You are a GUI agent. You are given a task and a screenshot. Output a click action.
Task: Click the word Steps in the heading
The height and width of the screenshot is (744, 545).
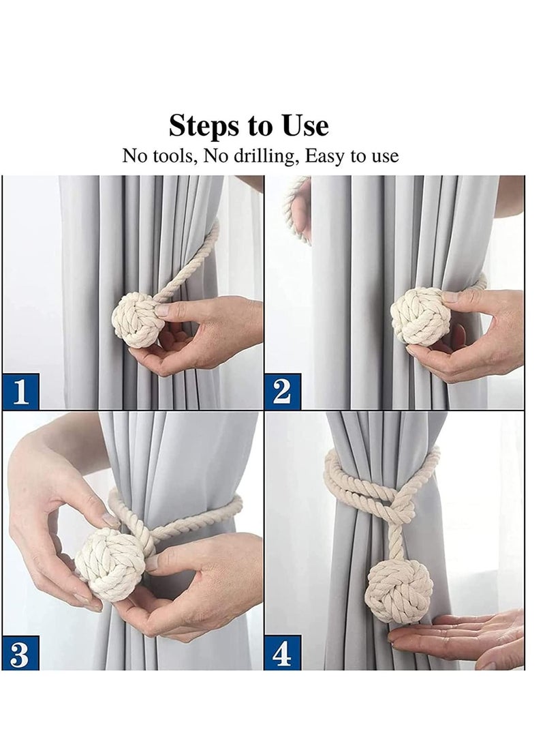pyautogui.click(x=202, y=127)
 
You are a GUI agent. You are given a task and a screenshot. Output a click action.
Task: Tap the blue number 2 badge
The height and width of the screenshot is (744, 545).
pyautogui.click(x=282, y=391)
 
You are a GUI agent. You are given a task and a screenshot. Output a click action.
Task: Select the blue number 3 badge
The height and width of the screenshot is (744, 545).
pyautogui.click(x=20, y=653)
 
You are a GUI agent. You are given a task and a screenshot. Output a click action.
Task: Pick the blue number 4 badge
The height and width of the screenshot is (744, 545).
pyautogui.click(x=282, y=653)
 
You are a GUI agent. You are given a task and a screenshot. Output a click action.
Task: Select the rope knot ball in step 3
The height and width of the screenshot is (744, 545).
pyautogui.click(x=110, y=565)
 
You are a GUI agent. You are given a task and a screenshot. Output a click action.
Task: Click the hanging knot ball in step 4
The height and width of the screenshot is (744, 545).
pyautogui.click(x=399, y=591)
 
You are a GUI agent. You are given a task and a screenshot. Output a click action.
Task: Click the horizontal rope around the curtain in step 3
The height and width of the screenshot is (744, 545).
pyautogui.click(x=198, y=518)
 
